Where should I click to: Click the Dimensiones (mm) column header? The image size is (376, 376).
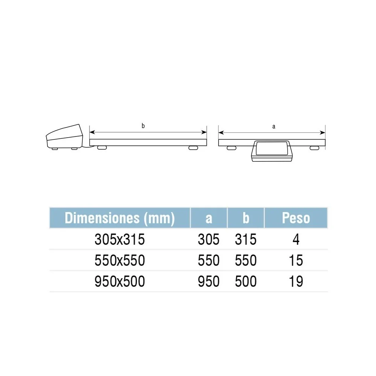coord(120,218)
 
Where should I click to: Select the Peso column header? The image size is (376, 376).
coord(296,218)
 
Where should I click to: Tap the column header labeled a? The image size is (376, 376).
coord(209,218)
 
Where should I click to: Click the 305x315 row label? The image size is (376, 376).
coord(120,239)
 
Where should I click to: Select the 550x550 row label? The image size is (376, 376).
coord(120,261)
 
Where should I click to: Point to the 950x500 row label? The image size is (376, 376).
coord(120,281)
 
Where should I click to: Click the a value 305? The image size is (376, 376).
coord(209,239)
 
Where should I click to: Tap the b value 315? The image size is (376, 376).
coord(246,239)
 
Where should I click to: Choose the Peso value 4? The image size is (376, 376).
coord(296,239)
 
